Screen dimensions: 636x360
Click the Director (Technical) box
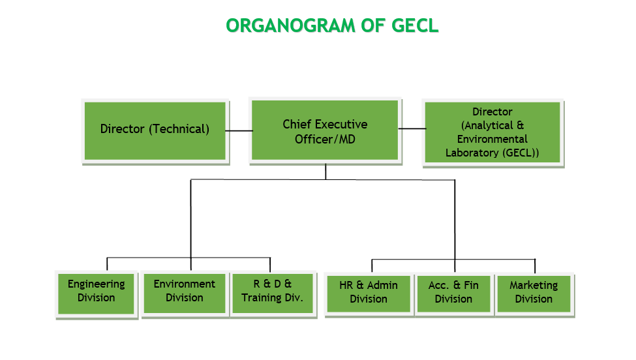pyautogui.click(x=155, y=131)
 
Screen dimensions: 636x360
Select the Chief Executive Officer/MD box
pyautogui.click(x=325, y=130)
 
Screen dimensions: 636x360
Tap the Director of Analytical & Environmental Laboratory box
pyautogui.click(x=492, y=132)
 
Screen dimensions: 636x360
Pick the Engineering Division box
pyautogui.click(x=96, y=294)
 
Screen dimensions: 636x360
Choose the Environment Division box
pyautogui.click(x=185, y=293)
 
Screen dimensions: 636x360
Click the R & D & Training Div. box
pyautogui.click(x=273, y=293)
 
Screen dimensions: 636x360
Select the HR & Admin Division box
pyautogui.click(x=369, y=294)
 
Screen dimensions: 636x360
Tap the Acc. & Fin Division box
pyautogui.click(x=454, y=294)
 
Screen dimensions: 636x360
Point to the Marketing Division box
pyautogui.click(x=534, y=294)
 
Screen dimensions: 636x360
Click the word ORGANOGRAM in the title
pyautogui.click(x=290, y=25)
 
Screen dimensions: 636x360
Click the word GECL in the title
pyautogui.click(x=415, y=25)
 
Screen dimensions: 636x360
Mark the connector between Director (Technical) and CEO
pyautogui.click(x=239, y=130)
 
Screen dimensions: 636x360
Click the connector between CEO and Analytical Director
pyautogui.click(x=412, y=128)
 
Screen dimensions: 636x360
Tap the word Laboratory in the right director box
pyautogui.click(x=472, y=153)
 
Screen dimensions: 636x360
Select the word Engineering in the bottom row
pyautogui.click(x=96, y=284)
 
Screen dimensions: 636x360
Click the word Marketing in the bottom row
pyautogui.click(x=534, y=286)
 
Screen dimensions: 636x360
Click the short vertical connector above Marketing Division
pyautogui.click(x=535, y=266)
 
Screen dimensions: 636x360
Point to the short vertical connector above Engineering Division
pyautogui.click(x=107, y=264)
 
